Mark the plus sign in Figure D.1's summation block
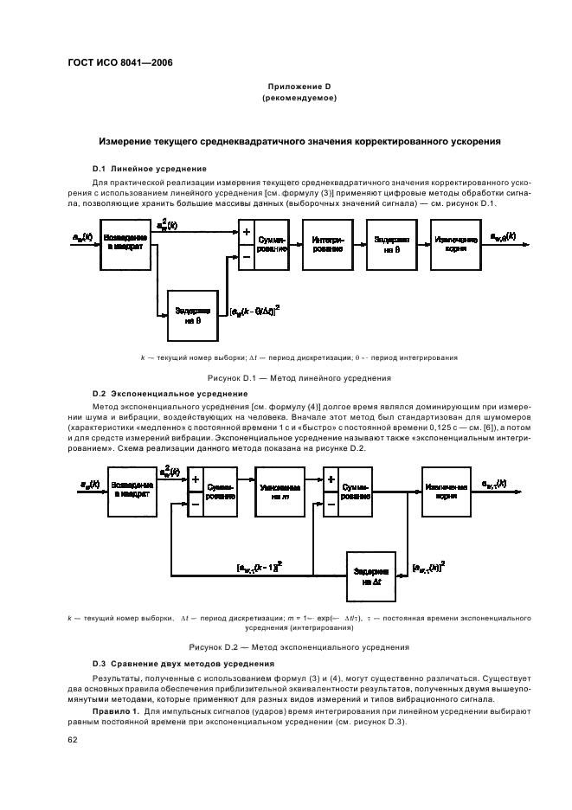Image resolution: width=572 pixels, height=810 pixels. [x=246, y=233]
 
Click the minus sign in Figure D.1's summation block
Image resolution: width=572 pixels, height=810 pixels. [x=246, y=256]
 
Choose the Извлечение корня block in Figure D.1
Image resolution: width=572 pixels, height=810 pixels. [x=456, y=244]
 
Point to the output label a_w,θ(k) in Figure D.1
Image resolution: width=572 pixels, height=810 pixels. [x=504, y=236]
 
